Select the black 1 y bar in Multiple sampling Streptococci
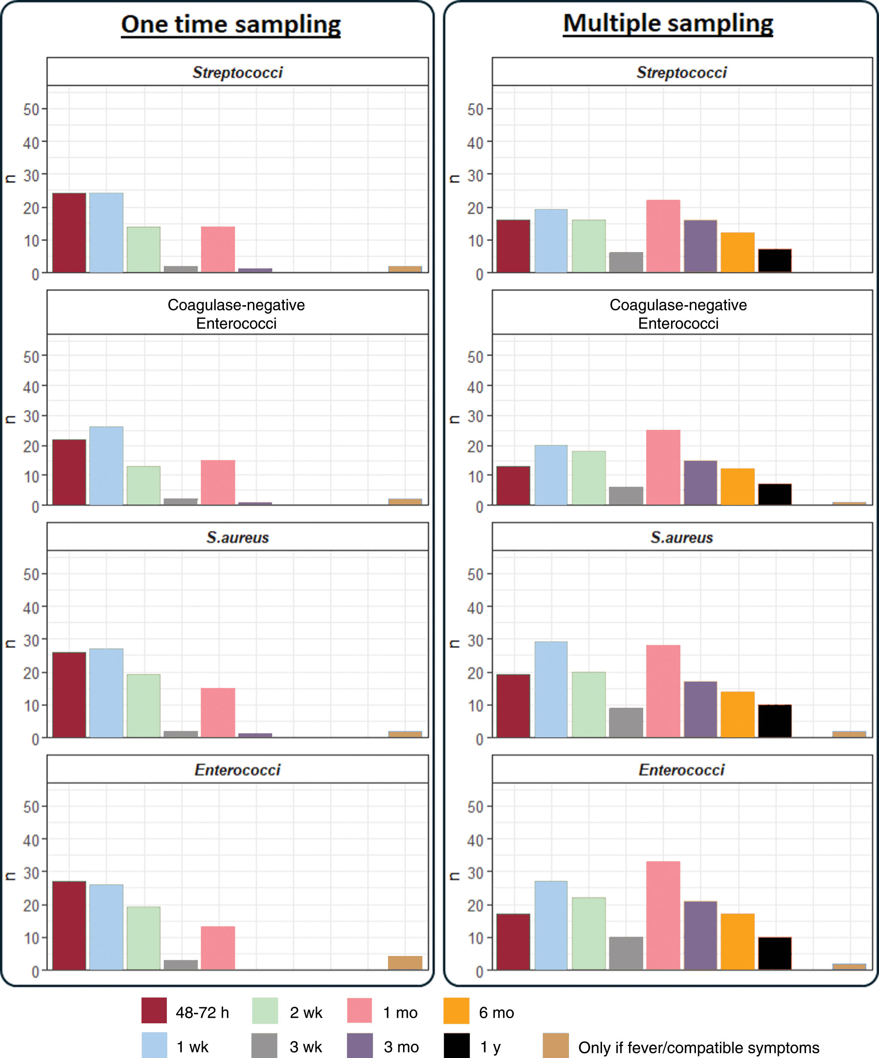coord(775,261)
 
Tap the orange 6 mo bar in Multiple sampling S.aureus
coord(738,714)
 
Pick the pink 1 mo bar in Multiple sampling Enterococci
coord(663,915)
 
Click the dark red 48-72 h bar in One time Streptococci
coord(69,233)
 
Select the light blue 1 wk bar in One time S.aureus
coord(106,693)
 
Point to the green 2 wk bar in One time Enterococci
coord(144,938)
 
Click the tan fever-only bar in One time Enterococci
coord(405,963)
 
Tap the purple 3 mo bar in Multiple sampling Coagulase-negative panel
coord(700,483)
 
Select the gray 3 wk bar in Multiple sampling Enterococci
coord(626,953)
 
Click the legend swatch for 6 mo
coord(456,1011)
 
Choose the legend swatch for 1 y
coord(457,1046)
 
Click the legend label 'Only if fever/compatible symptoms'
coord(698,1047)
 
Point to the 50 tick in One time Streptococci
coord(31,109)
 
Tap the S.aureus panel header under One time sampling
coord(238,537)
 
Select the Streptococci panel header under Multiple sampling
coord(682,72)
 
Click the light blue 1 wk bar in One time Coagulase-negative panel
coord(106,466)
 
